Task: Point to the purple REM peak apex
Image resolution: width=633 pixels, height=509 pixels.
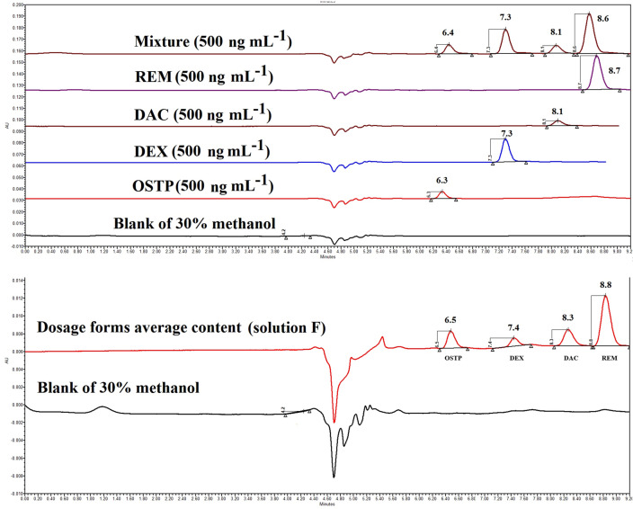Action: coord(595,57)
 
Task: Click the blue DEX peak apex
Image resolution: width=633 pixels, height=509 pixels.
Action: coord(506,139)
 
